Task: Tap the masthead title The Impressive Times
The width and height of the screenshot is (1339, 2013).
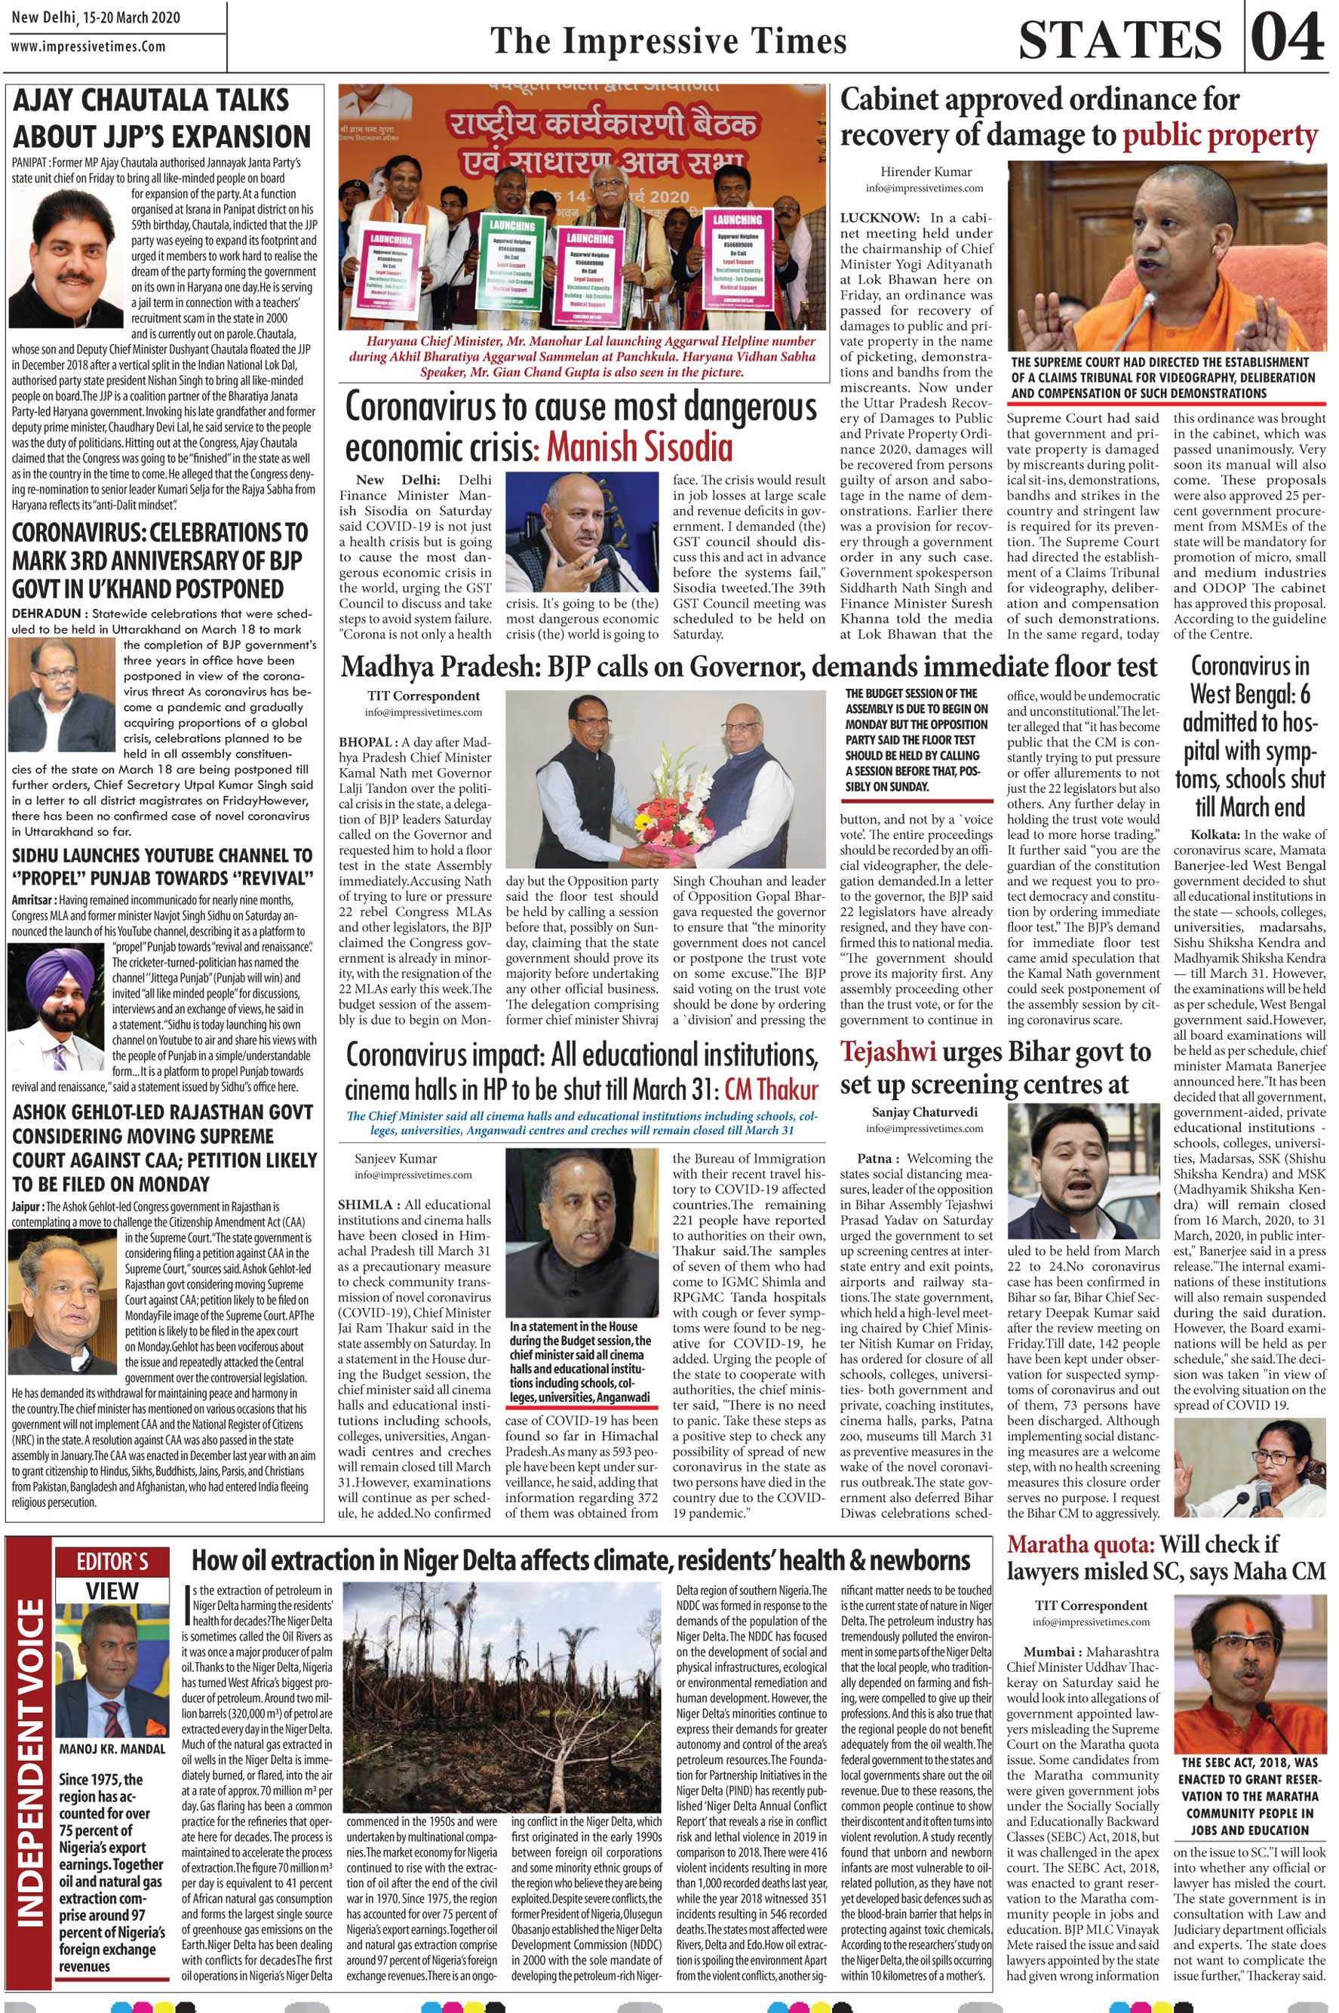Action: click(667, 40)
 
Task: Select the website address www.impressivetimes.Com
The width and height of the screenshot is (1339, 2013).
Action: click(89, 48)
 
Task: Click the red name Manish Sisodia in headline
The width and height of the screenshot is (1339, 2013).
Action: click(640, 446)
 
